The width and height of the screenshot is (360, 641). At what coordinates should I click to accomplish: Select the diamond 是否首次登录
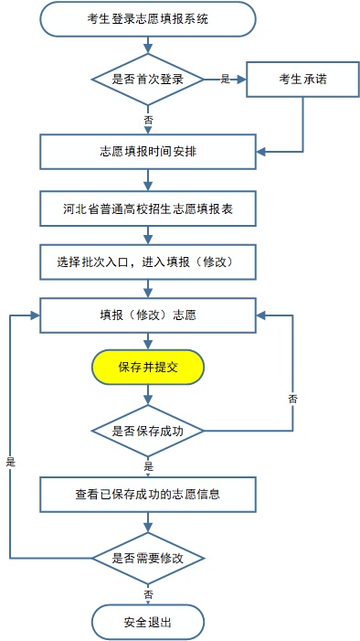coord(148,80)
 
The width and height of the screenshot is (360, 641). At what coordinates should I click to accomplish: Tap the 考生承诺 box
coord(302,80)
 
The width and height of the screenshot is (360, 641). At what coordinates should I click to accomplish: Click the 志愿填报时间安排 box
coord(148,152)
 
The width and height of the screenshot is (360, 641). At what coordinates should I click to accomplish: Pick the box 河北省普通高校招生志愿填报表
coord(148,209)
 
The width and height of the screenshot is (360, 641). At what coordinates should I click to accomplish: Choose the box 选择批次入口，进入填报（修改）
coord(148,262)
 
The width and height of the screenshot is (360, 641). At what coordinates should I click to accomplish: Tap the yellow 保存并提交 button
coord(148,368)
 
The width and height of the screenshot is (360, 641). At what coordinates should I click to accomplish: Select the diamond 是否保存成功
coord(148,429)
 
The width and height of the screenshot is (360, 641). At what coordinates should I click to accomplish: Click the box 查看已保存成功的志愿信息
coord(148,495)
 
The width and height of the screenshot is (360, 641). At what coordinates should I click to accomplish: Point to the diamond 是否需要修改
coord(148,556)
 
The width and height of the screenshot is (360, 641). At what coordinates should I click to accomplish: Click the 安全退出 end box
coord(148,623)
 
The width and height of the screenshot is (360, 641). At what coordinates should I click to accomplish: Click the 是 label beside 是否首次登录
coord(225,80)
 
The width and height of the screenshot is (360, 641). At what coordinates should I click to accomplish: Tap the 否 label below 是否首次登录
coord(148,120)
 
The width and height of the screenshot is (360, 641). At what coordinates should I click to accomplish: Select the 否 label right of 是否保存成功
coord(292,399)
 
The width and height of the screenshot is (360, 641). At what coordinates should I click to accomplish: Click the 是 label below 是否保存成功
coord(148,465)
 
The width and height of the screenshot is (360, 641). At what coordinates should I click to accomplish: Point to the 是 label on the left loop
coord(11,462)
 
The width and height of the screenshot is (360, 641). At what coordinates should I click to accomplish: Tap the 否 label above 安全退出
coord(148,593)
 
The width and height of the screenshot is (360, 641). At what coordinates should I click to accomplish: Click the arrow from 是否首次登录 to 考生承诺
coord(228,80)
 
